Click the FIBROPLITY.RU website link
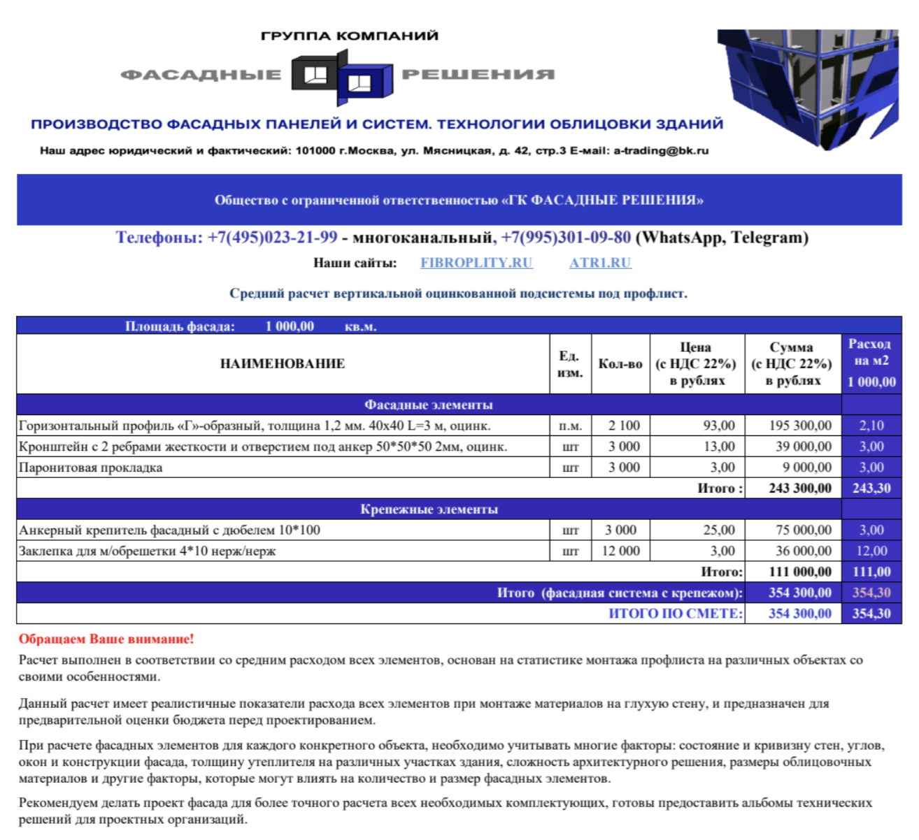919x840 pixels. [476, 263]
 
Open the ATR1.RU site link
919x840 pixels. [600, 263]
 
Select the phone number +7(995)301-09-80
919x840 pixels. [566, 238]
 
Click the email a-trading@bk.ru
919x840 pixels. [661, 150]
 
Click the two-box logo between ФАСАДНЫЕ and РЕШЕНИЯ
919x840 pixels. [341, 78]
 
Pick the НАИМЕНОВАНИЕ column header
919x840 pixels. [283, 363]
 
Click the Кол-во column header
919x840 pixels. [620, 363]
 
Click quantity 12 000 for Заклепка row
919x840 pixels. [620, 551]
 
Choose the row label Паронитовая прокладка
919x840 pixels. [91, 468]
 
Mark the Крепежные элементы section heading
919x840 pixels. [429, 509]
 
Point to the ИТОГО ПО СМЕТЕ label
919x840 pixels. [675, 614]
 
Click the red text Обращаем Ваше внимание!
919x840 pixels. [106, 639]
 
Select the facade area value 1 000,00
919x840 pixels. [290, 326]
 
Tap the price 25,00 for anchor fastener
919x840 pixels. [719, 530]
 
